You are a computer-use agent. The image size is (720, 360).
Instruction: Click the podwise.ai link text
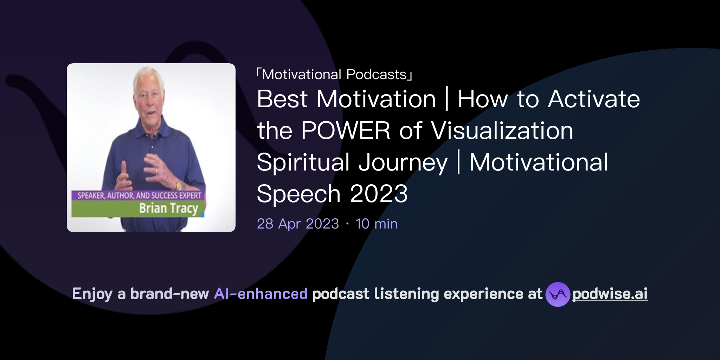(610, 294)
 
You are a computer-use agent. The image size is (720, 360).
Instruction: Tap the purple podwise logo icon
(558, 294)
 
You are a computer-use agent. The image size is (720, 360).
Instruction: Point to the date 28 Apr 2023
(298, 224)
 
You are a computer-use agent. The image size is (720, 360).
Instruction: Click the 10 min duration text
(377, 224)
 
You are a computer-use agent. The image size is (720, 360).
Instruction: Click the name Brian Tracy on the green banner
(168, 208)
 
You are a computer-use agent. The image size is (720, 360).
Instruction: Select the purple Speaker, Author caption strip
(139, 195)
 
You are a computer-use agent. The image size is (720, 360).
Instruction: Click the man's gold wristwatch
(179, 185)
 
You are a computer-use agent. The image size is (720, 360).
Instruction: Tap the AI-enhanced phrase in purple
(261, 294)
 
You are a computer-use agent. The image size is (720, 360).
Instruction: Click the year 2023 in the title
(379, 194)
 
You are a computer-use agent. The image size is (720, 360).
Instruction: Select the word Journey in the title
(403, 163)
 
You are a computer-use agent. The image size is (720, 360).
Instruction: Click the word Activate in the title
(594, 99)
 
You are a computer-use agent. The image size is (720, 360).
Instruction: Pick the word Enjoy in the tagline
(92, 294)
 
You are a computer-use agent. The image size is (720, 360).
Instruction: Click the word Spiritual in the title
(303, 163)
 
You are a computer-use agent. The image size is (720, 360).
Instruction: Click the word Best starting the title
(282, 99)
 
